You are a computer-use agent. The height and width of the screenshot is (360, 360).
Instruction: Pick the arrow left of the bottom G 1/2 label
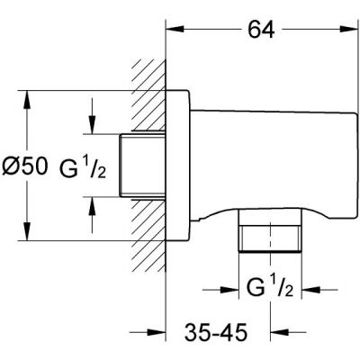(x=233, y=291)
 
